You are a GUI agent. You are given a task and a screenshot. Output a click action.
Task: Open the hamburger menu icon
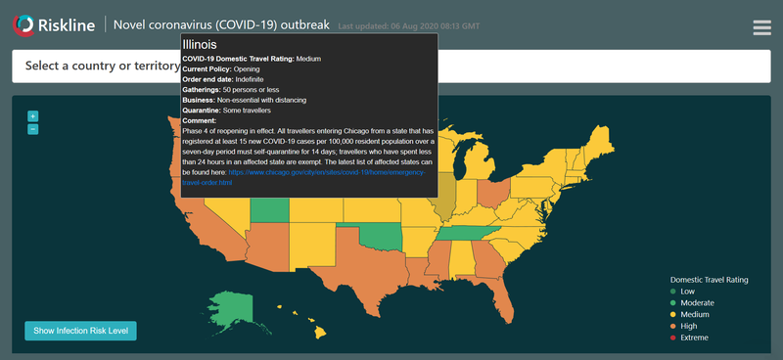[762, 27]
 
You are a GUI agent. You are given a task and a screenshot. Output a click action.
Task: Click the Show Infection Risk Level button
[80, 331]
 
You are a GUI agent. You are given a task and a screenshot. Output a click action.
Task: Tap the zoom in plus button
[32, 116]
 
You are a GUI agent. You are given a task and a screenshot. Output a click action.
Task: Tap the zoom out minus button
[32, 129]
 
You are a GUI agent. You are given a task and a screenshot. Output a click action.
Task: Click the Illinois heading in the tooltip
[200, 45]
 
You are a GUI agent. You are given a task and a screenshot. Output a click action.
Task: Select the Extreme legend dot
[672, 338]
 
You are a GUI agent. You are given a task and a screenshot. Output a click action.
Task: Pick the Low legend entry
[686, 292]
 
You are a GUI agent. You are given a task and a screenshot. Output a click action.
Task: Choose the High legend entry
[688, 327]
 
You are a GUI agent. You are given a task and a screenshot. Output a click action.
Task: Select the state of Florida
[499, 292]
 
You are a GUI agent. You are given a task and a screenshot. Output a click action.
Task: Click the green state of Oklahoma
[382, 235]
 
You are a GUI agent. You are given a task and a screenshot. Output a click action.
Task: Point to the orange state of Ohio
[495, 192]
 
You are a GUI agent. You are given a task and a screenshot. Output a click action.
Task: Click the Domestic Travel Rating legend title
[710, 280]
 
